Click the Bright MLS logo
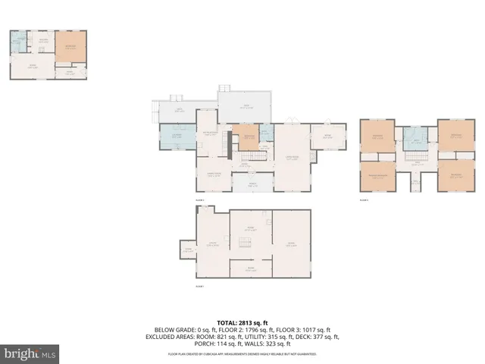coord(30,353)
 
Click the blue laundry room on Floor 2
coord(176,137)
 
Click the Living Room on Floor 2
coord(292,159)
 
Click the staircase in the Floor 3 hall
coord(415,157)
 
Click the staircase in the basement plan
coord(243,243)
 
